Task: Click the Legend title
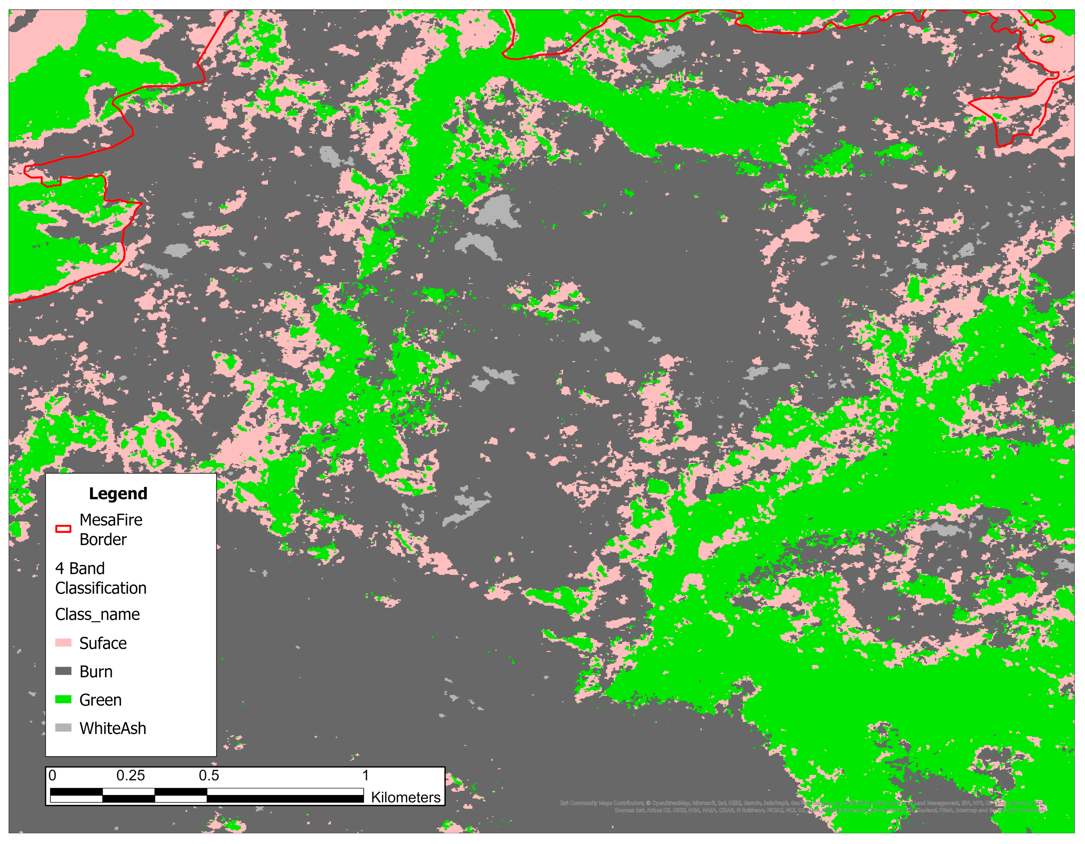[118, 494]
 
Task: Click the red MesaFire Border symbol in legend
[63, 529]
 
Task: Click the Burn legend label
[96, 672]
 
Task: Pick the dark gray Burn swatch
[63, 671]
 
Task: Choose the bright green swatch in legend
[63, 699]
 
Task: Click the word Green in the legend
[101, 700]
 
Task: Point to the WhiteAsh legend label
[113, 728]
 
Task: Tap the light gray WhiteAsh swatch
[63, 728]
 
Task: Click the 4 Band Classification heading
[101, 578]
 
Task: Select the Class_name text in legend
[97, 615]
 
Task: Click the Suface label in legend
[103, 643]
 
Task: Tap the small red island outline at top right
[1047, 39]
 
